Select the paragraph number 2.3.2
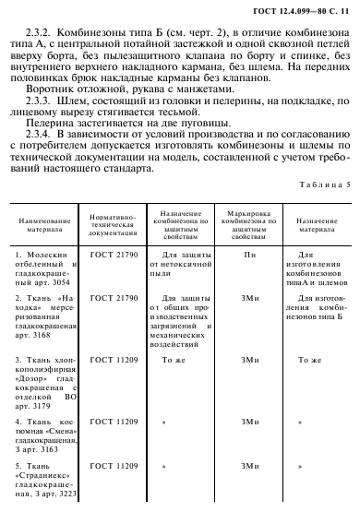coord(42,28)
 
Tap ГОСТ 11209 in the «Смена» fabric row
coord(113,421)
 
